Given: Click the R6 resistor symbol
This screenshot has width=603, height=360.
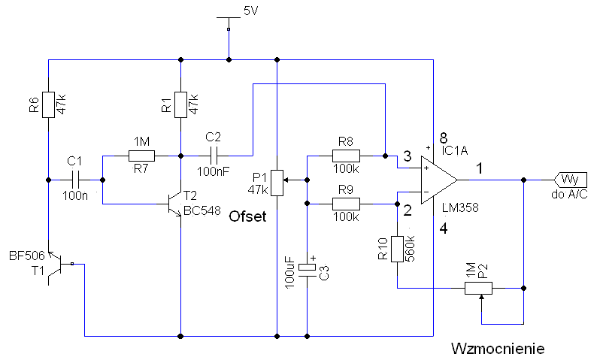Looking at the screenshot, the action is (x=48, y=104).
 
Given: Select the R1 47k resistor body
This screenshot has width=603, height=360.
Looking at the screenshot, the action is (x=180, y=104).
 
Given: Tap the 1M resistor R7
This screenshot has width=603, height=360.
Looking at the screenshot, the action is (x=141, y=156).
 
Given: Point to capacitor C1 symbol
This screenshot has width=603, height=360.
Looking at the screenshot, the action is (x=75, y=180).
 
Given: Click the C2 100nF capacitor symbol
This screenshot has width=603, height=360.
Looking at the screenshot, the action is (x=214, y=156).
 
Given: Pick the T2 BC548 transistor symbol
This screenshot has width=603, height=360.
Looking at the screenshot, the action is (x=175, y=204).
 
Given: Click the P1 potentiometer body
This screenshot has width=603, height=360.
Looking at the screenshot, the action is (x=277, y=183).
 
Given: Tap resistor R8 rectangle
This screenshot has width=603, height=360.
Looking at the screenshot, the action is (x=346, y=156).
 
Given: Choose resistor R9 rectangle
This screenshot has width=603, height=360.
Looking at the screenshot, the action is (x=346, y=204).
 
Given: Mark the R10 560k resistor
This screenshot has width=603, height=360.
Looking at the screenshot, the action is (x=397, y=249).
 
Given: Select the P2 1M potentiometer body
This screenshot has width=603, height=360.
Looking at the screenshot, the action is (x=478, y=288).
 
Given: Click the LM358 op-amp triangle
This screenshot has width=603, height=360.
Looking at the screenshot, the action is (x=439, y=180).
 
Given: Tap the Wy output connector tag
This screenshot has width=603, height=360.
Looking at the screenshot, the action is (x=571, y=180).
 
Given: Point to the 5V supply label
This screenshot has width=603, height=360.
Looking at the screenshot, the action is (x=250, y=11).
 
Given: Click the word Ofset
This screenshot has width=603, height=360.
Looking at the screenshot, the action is (x=247, y=216).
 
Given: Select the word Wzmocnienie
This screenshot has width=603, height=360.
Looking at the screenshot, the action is (x=498, y=349).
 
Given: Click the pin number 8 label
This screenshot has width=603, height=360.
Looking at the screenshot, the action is (x=444, y=138).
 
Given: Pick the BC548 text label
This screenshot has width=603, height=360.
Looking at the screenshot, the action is (x=202, y=210).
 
